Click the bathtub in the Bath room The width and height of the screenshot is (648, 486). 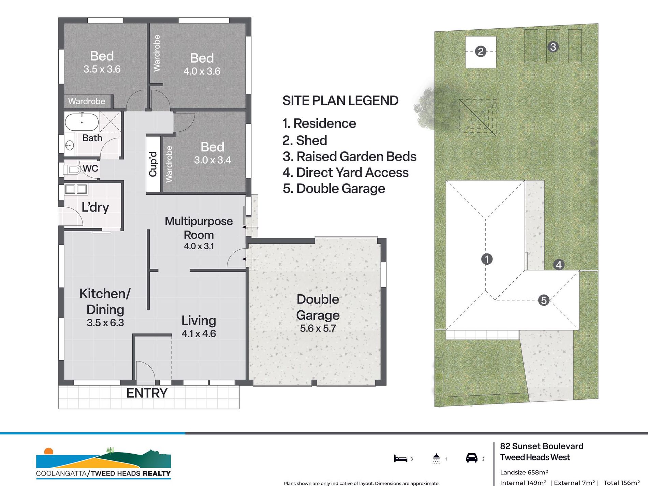[82, 122]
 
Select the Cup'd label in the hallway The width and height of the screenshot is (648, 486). [153, 164]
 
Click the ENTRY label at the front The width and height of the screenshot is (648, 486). [147, 393]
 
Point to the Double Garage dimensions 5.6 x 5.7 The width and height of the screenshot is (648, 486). [318, 328]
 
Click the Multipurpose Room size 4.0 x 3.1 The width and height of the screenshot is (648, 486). [199, 246]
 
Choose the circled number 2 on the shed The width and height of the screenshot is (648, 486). [481, 51]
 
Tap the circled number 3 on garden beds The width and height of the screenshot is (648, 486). [553, 47]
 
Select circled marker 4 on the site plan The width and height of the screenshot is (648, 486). [559, 265]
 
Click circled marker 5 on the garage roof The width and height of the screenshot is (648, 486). [544, 300]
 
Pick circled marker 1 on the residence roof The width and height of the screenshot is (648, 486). [487, 259]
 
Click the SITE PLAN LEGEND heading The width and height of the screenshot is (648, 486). [340, 101]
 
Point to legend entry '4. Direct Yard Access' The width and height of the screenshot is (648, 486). [345, 173]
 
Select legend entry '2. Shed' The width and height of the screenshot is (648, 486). [305, 141]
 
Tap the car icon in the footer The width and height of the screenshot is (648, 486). [472, 458]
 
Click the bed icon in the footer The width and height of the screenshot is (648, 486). [400, 459]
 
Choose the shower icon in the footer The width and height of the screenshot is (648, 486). [436, 458]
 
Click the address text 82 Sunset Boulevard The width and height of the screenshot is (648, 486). [542, 446]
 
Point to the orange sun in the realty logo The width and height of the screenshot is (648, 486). [49, 451]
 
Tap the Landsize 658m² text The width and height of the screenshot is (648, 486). [524, 472]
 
